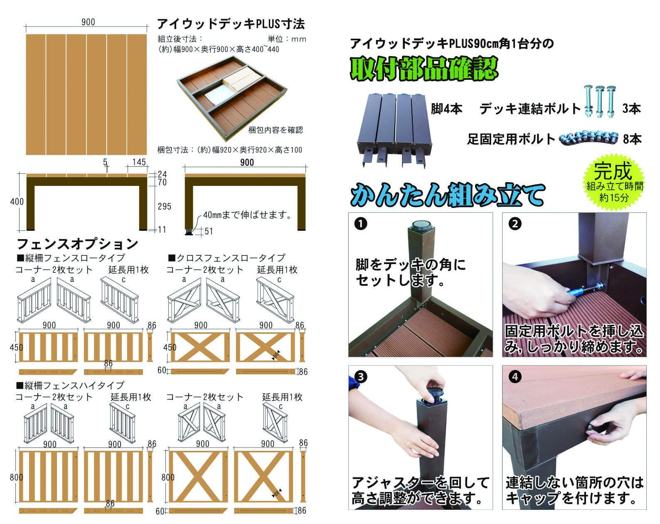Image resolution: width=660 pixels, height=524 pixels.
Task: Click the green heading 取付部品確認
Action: (x=424, y=68)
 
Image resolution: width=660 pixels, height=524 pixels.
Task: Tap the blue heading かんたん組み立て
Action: (x=448, y=194)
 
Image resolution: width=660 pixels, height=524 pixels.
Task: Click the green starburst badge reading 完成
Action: (x=614, y=182)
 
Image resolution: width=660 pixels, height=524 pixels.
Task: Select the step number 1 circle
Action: (x=361, y=224)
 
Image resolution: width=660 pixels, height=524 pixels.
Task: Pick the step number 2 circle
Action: (x=515, y=224)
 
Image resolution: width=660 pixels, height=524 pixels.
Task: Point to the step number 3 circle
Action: (x=361, y=377)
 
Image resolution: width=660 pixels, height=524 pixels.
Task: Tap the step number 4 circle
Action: (x=515, y=377)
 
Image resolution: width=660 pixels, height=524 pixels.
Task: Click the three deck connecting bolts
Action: (x=600, y=101)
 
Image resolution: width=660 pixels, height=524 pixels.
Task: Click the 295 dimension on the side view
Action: (x=165, y=206)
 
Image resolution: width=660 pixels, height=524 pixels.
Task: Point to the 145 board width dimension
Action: (x=139, y=162)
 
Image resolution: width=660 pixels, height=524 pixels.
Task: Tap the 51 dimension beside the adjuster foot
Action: (x=209, y=231)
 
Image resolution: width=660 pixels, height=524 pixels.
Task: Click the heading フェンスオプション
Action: (x=78, y=244)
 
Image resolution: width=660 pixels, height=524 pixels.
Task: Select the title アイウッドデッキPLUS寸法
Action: (x=231, y=24)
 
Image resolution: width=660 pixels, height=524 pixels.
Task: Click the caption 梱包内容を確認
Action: (x=276, y=130)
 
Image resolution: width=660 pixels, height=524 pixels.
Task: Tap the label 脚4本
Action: (x=446, y=109)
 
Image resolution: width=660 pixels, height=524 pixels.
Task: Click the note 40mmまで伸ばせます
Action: (x=247, y=215)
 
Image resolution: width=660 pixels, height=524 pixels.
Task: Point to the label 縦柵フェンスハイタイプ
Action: (x=71, y=385)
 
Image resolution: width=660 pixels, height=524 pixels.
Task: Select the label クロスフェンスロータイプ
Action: (x=227, y=258)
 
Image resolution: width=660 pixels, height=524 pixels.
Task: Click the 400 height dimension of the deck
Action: (x=17, y=202)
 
